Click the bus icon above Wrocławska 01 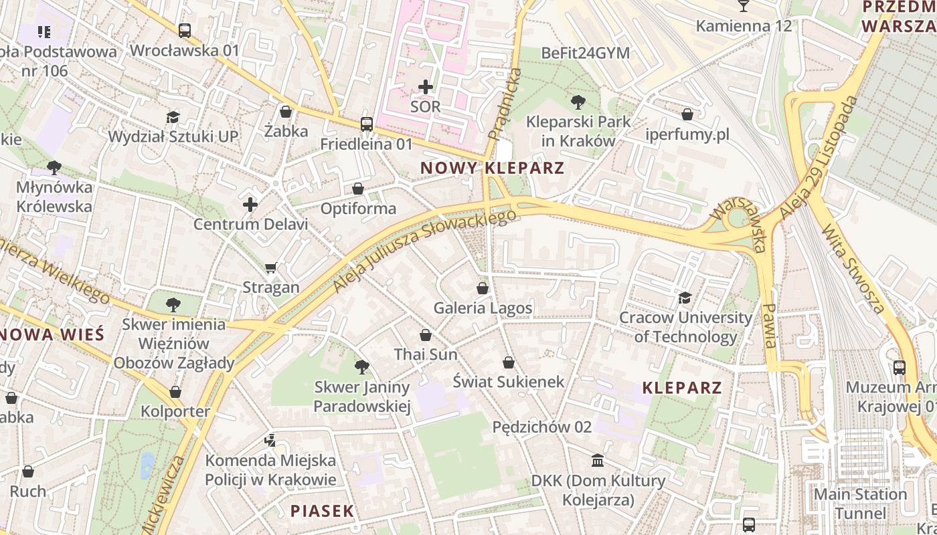(184, 30)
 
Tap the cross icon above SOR (426, 87)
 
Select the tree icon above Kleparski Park (578, 102)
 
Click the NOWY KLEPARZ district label (493, 168)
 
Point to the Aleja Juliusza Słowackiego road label (425, 251)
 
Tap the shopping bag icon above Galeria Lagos (482, 288)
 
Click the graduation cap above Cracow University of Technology (685, 298)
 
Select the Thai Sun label (426, 354)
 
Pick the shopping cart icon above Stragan (270, 268)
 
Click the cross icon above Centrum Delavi (250, 205)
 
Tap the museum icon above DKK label (598, 461)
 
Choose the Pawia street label (770, 326)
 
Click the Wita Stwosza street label (853, 269)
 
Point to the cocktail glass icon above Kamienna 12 (743, 6)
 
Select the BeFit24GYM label (586, 53)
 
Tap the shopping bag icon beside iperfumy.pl (687, 114)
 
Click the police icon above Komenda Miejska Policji (270, 440)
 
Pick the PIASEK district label (322, 511)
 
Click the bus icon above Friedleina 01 (366, 124)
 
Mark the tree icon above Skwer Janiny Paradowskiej (361, 366)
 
